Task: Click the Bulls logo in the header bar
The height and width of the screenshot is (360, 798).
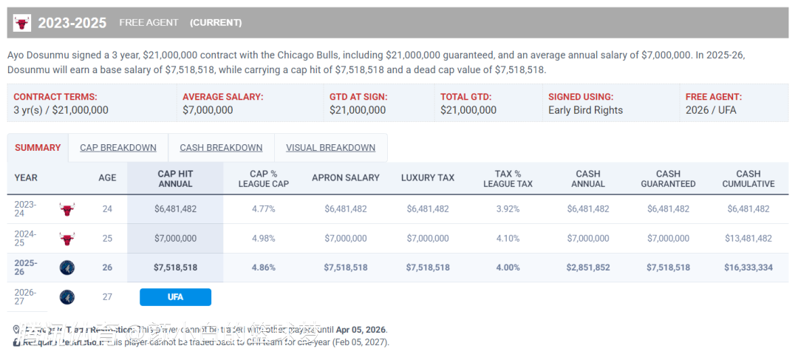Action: [22, 23]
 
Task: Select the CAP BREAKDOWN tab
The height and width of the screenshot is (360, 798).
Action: [118, 148]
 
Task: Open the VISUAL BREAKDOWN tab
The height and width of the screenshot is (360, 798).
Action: [330, 148]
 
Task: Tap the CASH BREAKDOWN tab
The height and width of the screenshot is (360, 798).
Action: [221, 148]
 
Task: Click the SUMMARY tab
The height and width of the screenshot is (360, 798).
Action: [38, 148]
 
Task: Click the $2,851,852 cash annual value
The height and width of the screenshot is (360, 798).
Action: [588, 268]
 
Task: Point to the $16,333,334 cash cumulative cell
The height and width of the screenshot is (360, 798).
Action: [748, 268]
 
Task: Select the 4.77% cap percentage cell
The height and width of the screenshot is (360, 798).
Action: [263, 209]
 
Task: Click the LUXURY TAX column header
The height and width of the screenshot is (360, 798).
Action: [428, 178]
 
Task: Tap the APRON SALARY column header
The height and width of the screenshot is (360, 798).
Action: [346, 178]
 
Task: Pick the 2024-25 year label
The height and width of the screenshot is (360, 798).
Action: [25, 239]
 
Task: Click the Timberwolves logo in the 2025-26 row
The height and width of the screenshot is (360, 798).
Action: [67, 268]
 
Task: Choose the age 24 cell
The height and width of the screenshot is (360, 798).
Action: [107, 209]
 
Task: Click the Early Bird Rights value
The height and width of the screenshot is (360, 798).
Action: [585, 110]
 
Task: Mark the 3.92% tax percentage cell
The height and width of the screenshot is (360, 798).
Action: [508, 209]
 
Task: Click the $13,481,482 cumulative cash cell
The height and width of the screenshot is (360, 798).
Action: [748, 239]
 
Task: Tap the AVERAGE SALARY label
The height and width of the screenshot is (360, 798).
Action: [222, 97]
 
